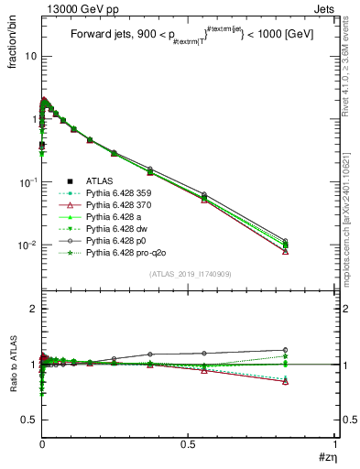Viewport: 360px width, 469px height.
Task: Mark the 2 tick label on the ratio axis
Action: tap(30, 310)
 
